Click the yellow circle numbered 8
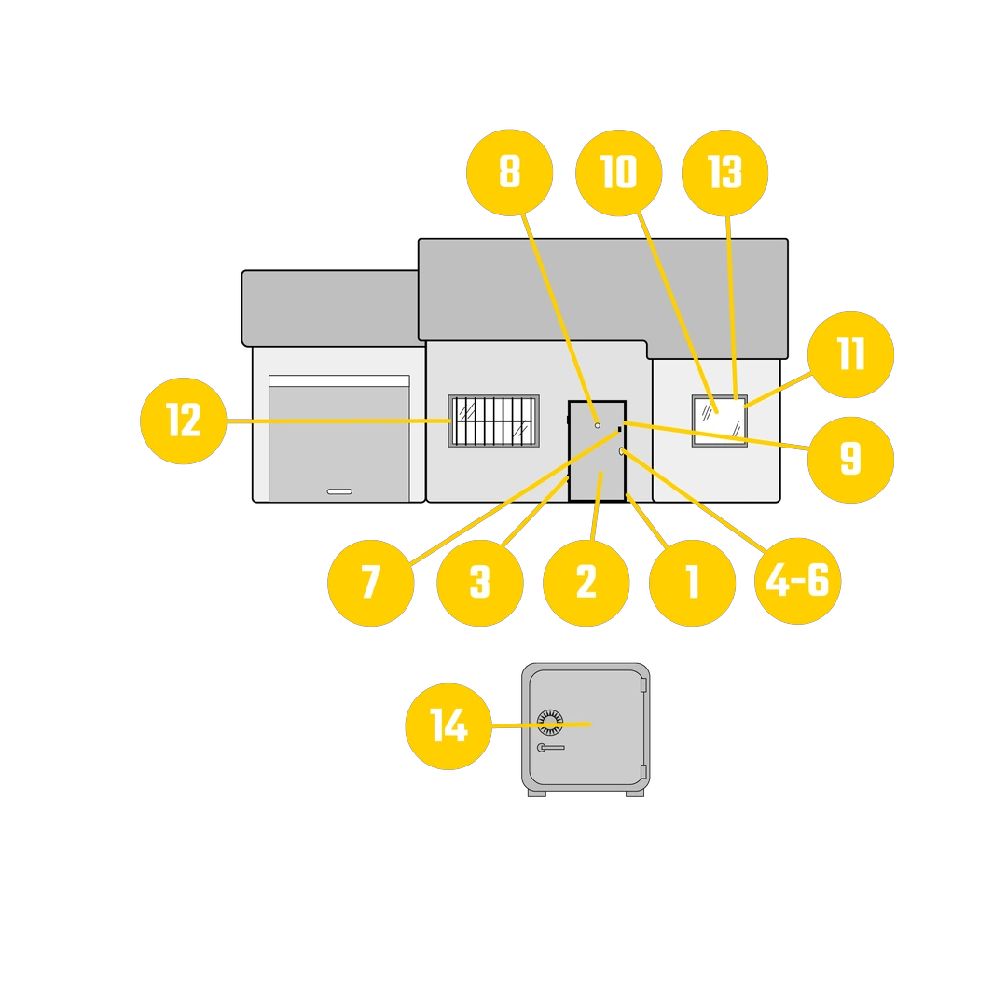tap(509, 172)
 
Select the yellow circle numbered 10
tap(618, 172)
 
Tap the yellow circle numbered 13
tap(724, 172)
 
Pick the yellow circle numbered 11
tap(850, 354)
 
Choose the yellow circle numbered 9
tap(850, 460)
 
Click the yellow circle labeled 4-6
tap(797, 581)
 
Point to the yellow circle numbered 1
tap(692, 583)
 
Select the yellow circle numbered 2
tap(586, 583)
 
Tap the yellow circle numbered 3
tap(480, 583)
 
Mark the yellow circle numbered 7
tap(370, 583)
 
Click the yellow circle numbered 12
tap(183, 421)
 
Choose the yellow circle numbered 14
tap(448, 726)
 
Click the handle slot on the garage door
tap(339, 491)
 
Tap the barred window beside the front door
tap(493, 421)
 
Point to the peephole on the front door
tap(598, 425)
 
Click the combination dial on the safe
tap(550, 722)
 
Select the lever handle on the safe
tap(550, 748)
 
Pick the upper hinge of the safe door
tap(642, 684)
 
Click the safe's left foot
tap(537, 793)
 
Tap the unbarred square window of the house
tap(719, 421)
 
